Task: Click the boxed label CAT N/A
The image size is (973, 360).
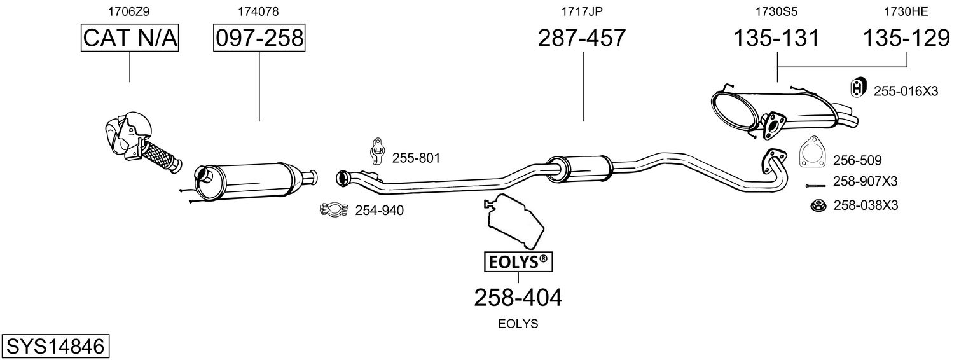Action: [130, 38]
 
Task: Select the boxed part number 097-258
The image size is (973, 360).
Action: [259, 38]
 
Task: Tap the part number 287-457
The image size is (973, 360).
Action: [582, 38]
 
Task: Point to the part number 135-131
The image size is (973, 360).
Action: [776, 38]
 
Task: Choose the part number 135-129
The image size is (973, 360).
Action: [906, 38]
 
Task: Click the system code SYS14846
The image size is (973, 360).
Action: [55, 347]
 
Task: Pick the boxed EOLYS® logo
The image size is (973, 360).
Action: [518, 261]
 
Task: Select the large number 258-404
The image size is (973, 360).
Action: [518, 297]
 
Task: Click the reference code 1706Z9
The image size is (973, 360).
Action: [130, 11]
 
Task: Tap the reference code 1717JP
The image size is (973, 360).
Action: [582, 11]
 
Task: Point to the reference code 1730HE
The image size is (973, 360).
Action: [906, 11]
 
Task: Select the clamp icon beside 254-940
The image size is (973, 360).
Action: [335, 209]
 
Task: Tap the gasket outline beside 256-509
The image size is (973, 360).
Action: [811, 152]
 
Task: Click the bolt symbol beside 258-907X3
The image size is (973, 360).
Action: [814, 185]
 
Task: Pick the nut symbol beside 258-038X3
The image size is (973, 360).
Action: [818, 205]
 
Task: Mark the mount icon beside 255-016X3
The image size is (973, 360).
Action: [858, 89]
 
